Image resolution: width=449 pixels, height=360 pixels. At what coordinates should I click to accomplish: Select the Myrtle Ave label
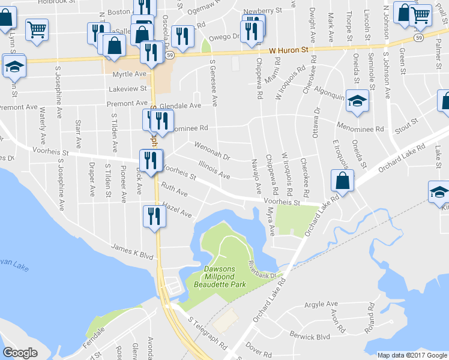(133, 74)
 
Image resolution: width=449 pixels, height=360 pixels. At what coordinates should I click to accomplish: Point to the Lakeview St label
(128, 88)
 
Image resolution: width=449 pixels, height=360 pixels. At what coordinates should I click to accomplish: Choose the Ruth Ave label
(174, 191)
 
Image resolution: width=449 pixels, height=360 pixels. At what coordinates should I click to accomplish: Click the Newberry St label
(263, 11)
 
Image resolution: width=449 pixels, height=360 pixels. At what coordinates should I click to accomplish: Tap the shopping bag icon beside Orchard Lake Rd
(342, 180)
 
